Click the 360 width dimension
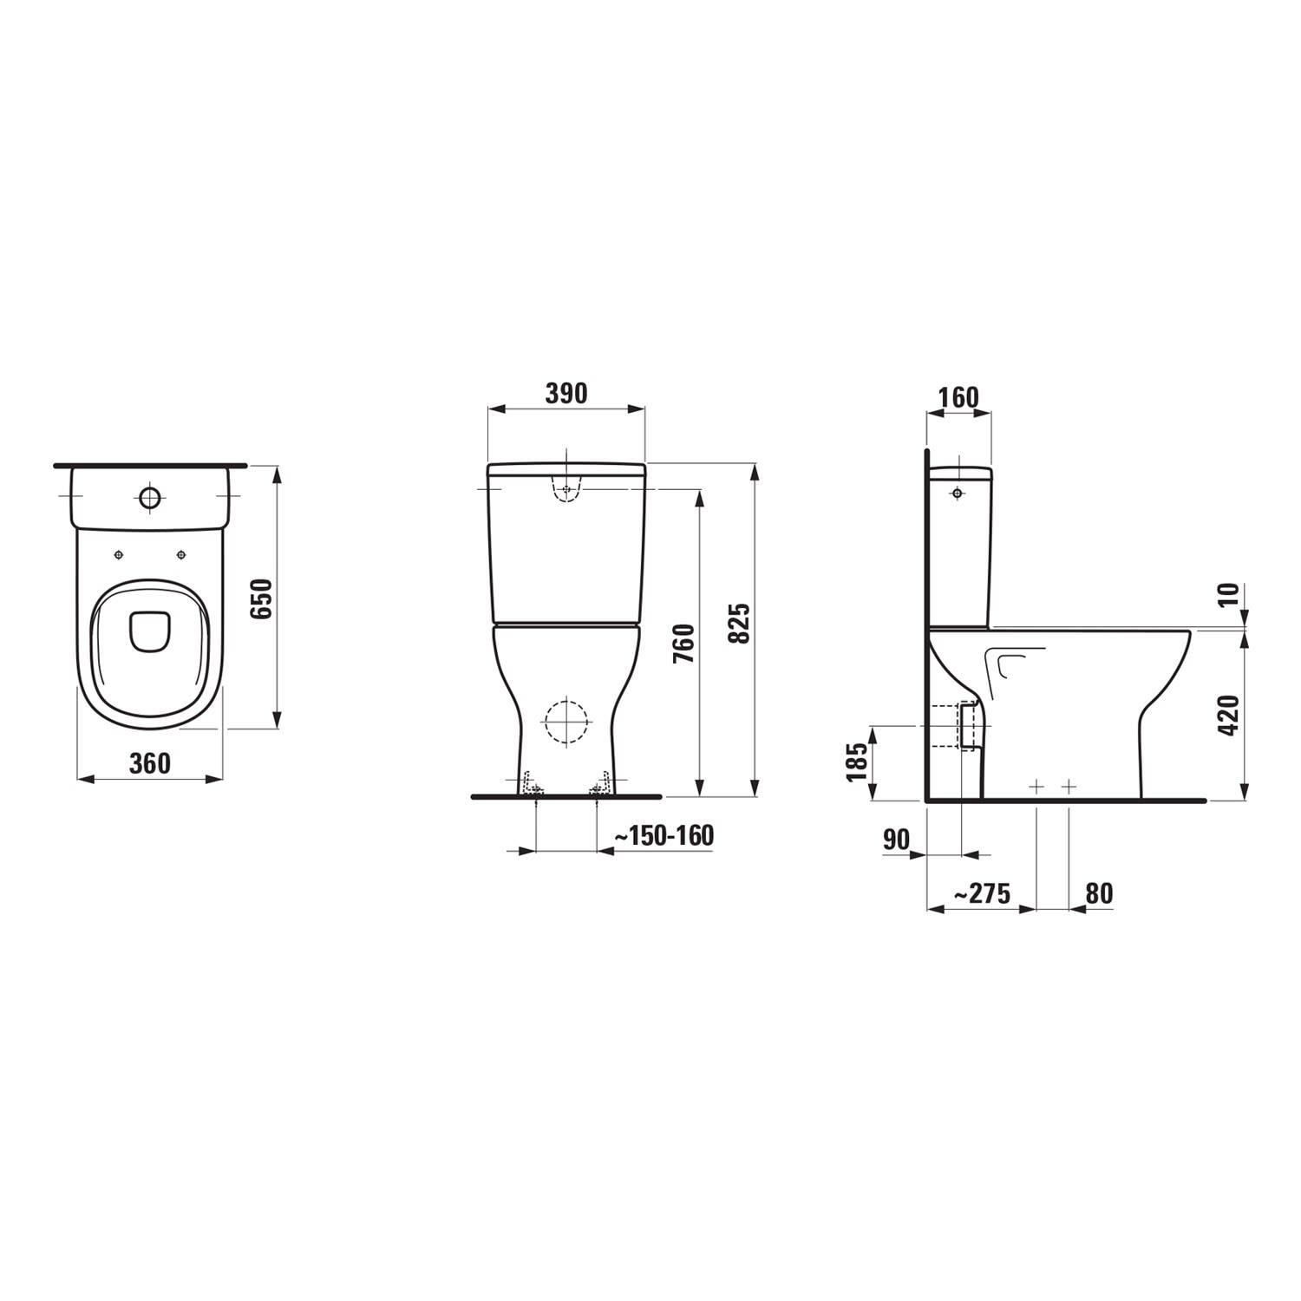(x=150, y=763)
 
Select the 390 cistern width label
(x=566, y=393)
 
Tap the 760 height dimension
(x=683, y=643)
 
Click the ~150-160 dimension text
(x=664, y=835)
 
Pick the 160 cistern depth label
(x=958, y=397)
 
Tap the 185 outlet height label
(x=858, y=762)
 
